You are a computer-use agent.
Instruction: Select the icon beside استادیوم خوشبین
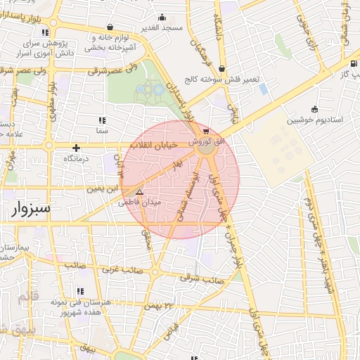(x=314, y=108)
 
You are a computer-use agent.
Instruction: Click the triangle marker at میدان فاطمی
(x=139, y=191)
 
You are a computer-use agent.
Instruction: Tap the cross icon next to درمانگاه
(x=76, y=148)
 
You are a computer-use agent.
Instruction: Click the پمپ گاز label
(x=346, y=72)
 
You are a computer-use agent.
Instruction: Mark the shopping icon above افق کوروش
(x=205, y=131)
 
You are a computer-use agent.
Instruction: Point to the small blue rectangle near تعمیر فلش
(x=263, y=89)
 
